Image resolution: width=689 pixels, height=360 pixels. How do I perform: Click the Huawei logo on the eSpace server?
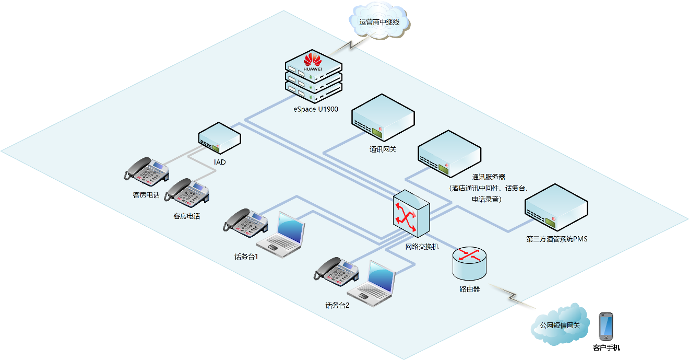pyautogui.click(x=313, y=62)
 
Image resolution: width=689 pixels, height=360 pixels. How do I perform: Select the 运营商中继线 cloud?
pyautogui.click(x=379, y=22)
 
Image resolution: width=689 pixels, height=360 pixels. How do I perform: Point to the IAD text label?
pyautogui.click(x=220, y=162)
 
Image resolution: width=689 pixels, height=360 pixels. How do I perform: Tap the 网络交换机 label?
pyautogui.click(x=422, y=246)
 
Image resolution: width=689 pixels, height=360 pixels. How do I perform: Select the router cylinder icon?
pyautogui.click(x=469, y=263)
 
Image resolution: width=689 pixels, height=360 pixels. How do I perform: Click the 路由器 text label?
pyautogui.click(x=469, y=288)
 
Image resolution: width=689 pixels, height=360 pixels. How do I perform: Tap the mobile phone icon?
pyautogui.click(x=605, y=327)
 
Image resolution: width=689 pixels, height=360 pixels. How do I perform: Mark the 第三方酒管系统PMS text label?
pyautogui.click(x=557, y=239)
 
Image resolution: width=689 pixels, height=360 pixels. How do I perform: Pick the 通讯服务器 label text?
pyautogui.click(x=489, y=177)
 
